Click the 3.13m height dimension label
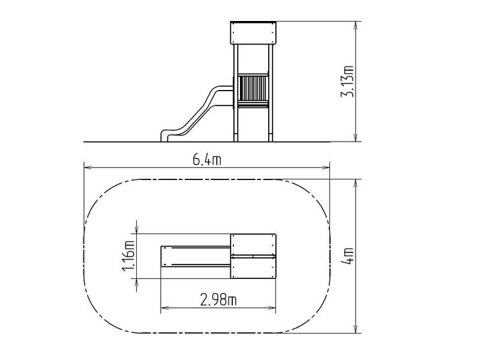coord(347,82)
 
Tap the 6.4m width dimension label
coord(206,160)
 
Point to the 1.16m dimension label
coord(128,256)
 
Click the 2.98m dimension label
coord(218,299)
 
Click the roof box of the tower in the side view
coord(253,33)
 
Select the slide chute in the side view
coord(196,114)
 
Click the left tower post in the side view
coord(236,93)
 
